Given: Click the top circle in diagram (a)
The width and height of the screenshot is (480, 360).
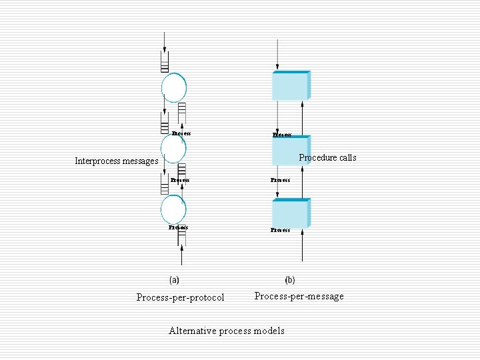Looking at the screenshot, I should coord(174,87).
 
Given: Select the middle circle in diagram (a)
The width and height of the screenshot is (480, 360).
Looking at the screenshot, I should coord(173,149).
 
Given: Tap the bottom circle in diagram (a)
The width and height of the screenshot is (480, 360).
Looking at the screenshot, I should coord(173,210).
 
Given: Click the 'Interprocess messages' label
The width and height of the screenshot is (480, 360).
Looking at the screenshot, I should coord(117,161).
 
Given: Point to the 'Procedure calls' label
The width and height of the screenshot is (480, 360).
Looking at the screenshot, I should coord(327,158).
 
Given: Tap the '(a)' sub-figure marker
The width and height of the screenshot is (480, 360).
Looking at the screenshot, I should coord(174,281).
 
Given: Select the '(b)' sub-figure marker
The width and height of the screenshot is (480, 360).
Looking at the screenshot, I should coord(290,281).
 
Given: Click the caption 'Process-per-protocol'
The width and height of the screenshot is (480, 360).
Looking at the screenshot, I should coord(180,297).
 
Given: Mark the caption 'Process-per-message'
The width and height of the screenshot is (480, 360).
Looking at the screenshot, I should coord(299,296).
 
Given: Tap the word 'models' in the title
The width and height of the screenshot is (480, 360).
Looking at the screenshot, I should coord(269,331).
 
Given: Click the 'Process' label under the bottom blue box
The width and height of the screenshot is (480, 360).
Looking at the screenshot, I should coord(281,230).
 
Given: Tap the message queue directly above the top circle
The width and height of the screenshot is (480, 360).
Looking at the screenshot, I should coord(164,65).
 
